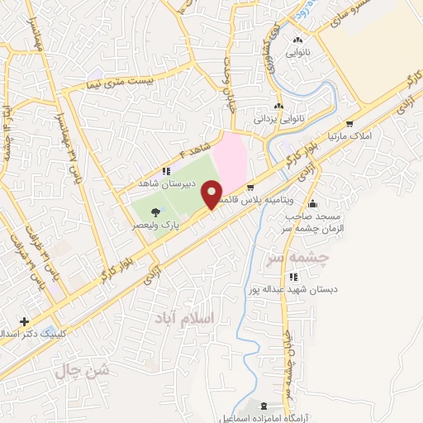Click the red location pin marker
(x=216, y=193)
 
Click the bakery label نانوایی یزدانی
(x=278, y=119)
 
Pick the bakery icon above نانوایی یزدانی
(x=278, y=106)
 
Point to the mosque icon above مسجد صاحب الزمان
(x=311, y=204)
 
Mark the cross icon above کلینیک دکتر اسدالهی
(x=25, y=321)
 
